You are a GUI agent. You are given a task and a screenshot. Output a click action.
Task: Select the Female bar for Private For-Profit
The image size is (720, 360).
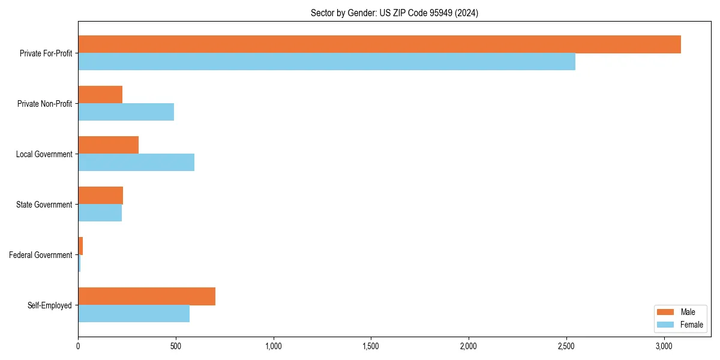[x=326, y=62]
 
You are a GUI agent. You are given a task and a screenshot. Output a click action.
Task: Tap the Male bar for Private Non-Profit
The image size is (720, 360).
[x=100, y=95]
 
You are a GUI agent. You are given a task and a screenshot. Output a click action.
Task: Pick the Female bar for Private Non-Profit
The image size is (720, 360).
[x=126, y=112]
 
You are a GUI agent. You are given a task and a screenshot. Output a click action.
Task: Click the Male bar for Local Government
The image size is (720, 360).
[x=108, y=145]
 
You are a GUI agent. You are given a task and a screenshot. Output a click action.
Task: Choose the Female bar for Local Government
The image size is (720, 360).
[x=136, y=163]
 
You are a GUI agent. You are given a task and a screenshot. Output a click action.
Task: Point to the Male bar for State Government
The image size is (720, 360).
[x=100, y=196]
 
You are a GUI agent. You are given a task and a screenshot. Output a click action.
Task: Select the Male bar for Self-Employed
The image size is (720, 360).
[x=146, y=296]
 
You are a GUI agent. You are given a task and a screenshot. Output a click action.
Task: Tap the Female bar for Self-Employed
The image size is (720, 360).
[x=134, y=314]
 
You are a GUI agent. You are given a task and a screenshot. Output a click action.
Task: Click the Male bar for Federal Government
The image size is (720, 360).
[x=80, y=246]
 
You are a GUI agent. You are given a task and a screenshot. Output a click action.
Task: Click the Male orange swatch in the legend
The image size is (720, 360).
[x=666, y=312]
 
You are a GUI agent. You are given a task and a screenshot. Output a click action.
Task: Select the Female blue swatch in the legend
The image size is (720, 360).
[x=666, y=325]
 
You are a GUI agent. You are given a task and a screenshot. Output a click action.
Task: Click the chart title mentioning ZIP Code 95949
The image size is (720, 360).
[x=394, y=13]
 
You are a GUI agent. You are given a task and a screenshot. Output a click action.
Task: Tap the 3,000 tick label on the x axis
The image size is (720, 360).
[x=664, y=346]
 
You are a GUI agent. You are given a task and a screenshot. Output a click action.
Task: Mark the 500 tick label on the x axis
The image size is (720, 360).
[x=176, y=346]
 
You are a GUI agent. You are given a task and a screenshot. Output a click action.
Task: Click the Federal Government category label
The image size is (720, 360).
[x=41, y=255]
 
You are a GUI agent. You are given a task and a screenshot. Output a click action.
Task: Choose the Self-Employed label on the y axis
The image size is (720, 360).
[x=50, y=305]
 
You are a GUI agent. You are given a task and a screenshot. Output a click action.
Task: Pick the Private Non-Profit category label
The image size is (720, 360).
[x=44, y=104]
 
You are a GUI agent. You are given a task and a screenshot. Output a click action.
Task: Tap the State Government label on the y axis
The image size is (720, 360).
[x=44, y=205]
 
